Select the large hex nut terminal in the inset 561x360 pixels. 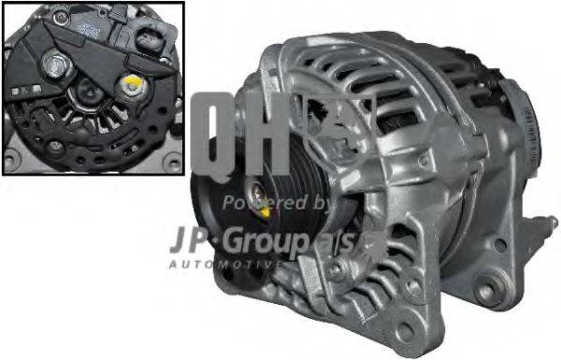pos(54,66)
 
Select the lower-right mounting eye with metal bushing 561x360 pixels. pos(486,292)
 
